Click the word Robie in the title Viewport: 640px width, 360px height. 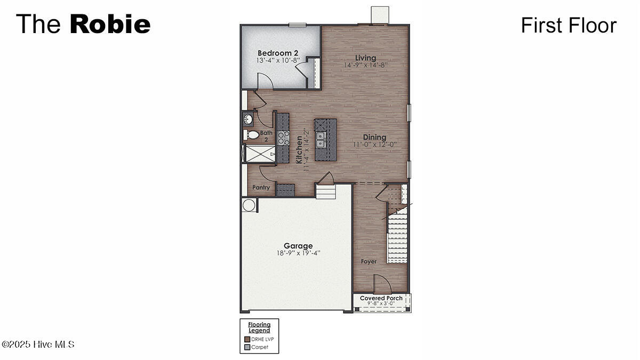point(110,25)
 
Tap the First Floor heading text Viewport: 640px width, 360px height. point(569,25)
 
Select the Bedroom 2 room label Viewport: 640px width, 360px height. point(277,53)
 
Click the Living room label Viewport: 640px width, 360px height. point(366,58)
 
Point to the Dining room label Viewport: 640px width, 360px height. point(374,137)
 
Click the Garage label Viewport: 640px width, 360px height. point(298,246)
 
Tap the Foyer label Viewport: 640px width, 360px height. point(369,261)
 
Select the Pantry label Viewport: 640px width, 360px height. point(261,188)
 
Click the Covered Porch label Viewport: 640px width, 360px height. point(381,298)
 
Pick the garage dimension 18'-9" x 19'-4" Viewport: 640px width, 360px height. point(298,253)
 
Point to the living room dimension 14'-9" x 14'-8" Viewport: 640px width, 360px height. point(366,65)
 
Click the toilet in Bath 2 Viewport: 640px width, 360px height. point(251,134)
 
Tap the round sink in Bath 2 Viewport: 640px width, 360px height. point(248,118)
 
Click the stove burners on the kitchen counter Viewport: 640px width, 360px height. point(283,138)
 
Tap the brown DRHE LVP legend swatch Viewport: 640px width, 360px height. point(247,339)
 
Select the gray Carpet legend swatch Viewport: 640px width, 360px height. point(247,347)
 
